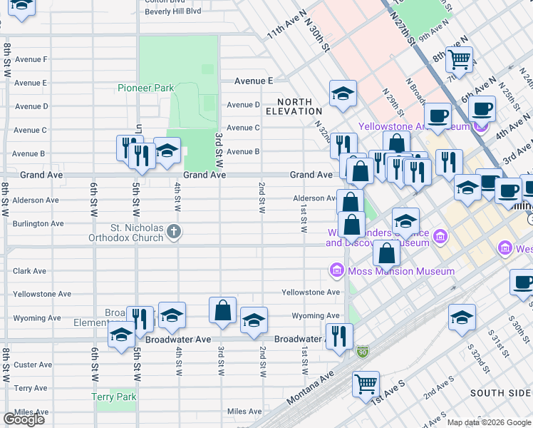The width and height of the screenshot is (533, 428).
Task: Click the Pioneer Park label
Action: click(x=146, y=88)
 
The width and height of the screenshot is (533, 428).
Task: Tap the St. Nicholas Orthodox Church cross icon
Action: click(x=175, y=230)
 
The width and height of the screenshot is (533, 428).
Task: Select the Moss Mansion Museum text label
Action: click(x=400, y=271)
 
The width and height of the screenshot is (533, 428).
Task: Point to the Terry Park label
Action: click(x=113, y=397)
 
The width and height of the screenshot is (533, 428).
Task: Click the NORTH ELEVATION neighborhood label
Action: click(x=294, y=107)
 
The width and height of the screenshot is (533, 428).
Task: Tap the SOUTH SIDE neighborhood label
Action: click(x=500, y=393)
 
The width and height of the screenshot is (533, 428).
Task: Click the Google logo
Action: click(x=24, y=419)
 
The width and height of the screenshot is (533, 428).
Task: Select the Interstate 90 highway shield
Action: click(x=363, y=352)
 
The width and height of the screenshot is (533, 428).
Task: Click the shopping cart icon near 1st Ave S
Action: click(x=366, y=384)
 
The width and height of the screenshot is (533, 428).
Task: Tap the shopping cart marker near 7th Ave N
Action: click(x=460, y=59)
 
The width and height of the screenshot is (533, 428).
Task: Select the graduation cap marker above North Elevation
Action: click(x=343, y=93)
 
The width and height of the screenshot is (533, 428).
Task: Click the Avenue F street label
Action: click(x=31, y=59)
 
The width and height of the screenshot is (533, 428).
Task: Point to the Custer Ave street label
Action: click(x=33, y=365)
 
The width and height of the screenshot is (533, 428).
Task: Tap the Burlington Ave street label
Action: click(x=40, y=223)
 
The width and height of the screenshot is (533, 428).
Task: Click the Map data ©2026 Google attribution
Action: click(x=489, y=422)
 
